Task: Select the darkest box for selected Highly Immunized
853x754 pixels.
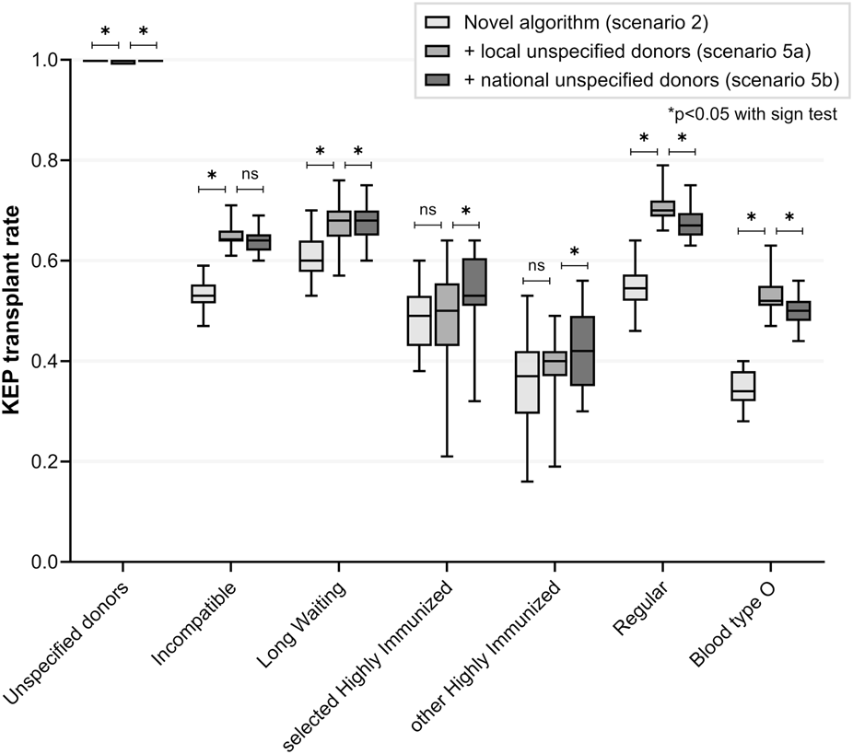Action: [x=475, y=282]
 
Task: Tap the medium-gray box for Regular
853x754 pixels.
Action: [x=662, y=208]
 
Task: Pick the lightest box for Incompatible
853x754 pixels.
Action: [x=204, y=294]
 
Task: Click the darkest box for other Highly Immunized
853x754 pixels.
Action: [x=583, y=351]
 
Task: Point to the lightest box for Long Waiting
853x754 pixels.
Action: [x=311, y=256]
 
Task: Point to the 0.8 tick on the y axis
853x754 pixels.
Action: [x=67, y=160]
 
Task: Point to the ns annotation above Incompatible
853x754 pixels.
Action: [x=250, y=174]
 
